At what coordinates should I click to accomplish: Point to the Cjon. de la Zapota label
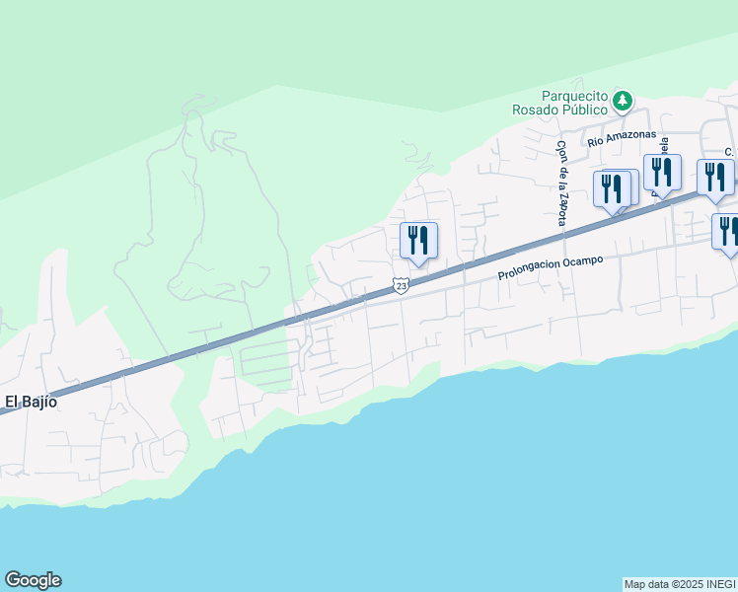click(x=561, y=183)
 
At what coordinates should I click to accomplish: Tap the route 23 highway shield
click(x=401, y=285)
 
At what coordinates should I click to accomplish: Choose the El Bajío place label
click(x=32, y=402)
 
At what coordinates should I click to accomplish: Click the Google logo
click(x=33, y=580)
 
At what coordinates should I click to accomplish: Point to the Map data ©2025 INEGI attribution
click(x=680, y=584)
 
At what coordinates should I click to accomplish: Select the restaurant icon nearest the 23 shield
click(x=418, y=241)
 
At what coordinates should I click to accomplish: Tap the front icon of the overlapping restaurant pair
click(x=612, y=188)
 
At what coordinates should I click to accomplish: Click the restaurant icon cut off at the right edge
click(x=727, y=232)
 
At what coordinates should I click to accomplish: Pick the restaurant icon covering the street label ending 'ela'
click(x=662, y=173)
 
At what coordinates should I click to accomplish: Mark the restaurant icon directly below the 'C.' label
click(x=714, y=178)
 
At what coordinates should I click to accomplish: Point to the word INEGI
click(x=717, y=584)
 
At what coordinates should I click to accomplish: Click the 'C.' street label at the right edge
click(x=728, y=152)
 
